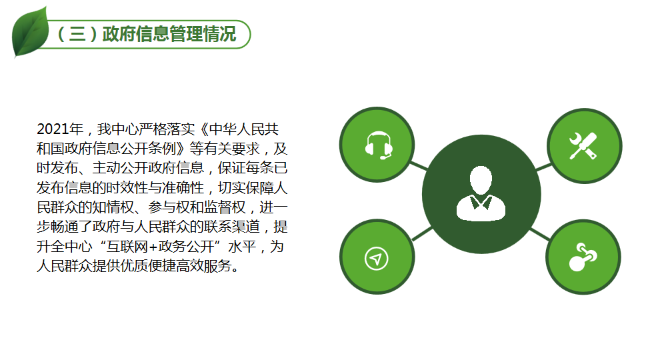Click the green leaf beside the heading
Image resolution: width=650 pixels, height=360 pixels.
tap(30, 33)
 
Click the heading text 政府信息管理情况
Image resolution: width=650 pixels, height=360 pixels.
tap(169, 34)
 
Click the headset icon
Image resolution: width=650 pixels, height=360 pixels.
tap(379, 145)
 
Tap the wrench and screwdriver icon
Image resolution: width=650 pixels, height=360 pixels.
tap(583, 146)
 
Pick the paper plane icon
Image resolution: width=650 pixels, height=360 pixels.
tap(376, 259)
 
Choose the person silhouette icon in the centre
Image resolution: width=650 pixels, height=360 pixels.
tap(481, 193)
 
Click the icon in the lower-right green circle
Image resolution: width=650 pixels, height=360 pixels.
tap(583, 257)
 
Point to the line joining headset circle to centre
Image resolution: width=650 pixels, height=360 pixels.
tap(419, 166)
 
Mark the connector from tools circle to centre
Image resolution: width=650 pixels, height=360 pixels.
tap(543, 167)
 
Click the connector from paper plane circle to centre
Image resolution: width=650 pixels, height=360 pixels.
tap(422, 234)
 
